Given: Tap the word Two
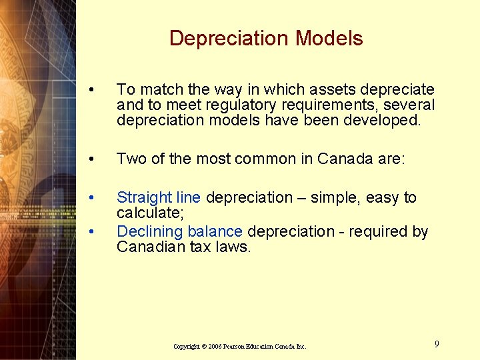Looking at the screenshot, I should [130, 159].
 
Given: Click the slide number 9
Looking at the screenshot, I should [437, 344].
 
